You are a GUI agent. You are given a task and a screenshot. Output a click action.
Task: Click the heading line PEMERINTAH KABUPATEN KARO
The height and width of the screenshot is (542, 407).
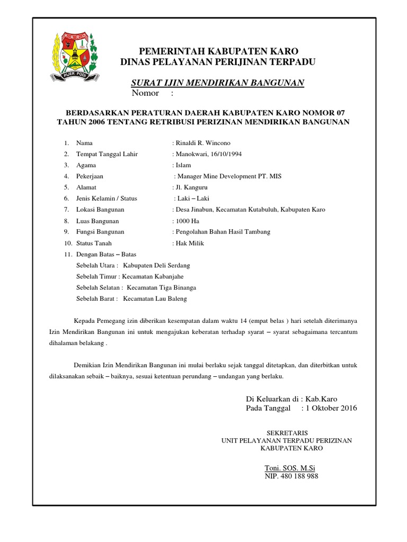pyautogui.click(x=218, y=51)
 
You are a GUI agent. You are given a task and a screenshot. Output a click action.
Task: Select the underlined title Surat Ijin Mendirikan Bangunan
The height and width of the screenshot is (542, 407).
pyautogui.click(x=217, y=83)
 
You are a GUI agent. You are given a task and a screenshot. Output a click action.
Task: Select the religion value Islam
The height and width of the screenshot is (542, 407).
pyautogui.click(x=183, y=165)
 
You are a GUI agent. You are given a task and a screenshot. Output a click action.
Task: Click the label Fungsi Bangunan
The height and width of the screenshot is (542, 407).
pyautogui.click(x=100, y=232)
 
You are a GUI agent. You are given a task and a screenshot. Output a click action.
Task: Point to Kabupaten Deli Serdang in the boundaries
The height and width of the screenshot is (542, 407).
pyautogui.click(x=156, y=265)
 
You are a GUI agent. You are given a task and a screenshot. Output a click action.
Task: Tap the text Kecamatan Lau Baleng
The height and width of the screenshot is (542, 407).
pyautogui.click(x=155, y=299)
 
